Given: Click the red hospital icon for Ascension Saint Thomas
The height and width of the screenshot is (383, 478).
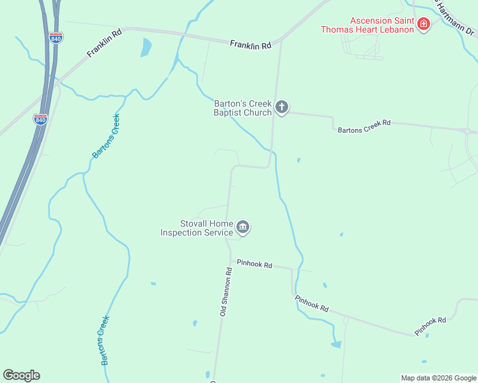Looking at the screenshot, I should tap(423, 24).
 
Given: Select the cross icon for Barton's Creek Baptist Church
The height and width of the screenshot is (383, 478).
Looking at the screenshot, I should tap(282, 107).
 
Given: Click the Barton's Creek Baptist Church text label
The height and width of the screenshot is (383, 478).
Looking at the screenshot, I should tap(243, 108).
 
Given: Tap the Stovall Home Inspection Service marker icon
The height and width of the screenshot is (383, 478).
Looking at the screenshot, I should tap(243, 227).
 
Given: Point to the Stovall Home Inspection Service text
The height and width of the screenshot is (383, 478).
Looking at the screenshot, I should tap(197, 228).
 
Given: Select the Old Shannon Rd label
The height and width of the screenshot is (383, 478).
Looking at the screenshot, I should tap(225, 292).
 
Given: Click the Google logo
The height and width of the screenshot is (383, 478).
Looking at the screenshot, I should tap(21, 375).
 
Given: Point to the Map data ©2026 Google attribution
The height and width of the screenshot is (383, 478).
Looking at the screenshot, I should tap(438, 378).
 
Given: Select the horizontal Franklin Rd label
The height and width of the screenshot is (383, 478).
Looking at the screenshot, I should tap(251, 45).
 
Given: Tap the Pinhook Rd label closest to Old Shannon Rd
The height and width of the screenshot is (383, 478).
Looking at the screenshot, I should tap(254, 264).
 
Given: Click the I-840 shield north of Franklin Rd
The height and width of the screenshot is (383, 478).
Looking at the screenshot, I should tap(56, 38).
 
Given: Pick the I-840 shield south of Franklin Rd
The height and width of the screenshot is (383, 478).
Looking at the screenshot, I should tap(40, 119).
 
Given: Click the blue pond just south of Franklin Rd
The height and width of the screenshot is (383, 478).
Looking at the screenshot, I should tap(146, 47).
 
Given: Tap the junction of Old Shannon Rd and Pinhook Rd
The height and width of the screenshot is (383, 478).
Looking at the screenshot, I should tap(230, 260).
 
